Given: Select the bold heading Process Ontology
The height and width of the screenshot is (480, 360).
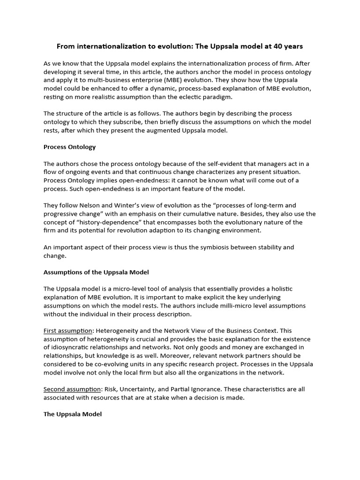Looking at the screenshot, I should click(x=69, y=147).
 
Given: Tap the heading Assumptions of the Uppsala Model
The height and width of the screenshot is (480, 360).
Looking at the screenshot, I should click(x=96, y=272).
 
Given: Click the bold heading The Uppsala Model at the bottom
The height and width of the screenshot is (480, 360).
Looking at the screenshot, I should click(x=72, y=414).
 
